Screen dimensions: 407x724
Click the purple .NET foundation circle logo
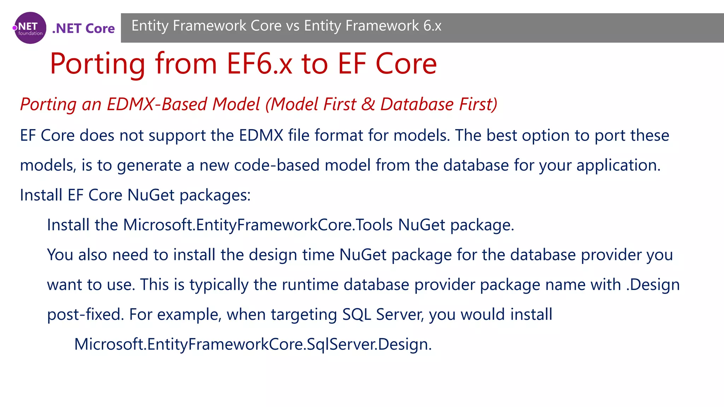pos(30,28)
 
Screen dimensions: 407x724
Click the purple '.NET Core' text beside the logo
pos(83,28)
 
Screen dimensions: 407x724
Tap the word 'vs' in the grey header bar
pos(293,26)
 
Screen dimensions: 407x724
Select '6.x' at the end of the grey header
pos(432,26)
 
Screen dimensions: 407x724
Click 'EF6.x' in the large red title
pos(259,64)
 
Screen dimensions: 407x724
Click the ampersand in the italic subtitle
pos(368,104)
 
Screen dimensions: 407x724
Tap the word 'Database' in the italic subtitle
pos(417,104)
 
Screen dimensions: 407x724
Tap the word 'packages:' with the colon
pos(215,195)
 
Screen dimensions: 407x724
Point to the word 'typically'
pos(219,285)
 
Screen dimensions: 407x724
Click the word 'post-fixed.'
pos(86,314)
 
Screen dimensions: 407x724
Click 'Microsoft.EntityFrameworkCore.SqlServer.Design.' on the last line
pos(253,344)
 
